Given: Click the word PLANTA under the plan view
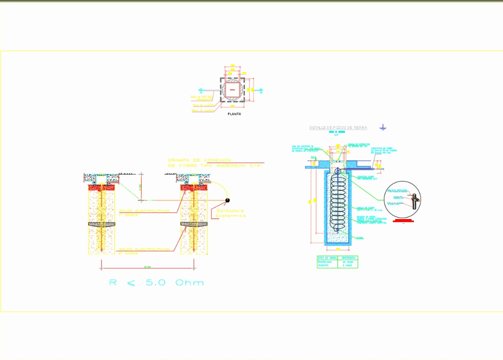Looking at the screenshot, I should coord(235,114).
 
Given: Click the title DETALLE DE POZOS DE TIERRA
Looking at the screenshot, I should coord(338,128).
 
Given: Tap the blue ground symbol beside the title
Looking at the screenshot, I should coord(383,127).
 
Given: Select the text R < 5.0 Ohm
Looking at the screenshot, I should coord(156,282).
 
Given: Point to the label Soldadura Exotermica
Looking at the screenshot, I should coord(230,213).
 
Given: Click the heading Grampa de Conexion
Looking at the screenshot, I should coord(199,160).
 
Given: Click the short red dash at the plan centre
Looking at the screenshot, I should coord(232,90).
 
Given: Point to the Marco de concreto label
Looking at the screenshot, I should coord(203,110).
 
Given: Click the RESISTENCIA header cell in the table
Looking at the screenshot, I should coord(348,258).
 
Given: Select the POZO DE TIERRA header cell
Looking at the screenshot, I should coord(327,258).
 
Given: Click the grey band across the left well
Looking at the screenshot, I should coord(102,224).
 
